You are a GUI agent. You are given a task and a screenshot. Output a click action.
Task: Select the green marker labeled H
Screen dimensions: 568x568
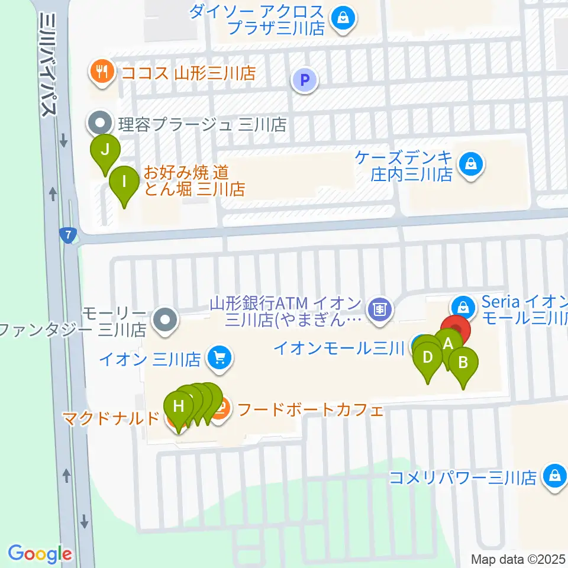pos(178,406)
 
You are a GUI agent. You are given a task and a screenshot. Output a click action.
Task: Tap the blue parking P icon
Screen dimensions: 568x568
pos(305,80)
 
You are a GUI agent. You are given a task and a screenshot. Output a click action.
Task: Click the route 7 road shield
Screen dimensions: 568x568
pos(69,235)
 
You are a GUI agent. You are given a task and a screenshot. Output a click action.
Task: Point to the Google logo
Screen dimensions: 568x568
pos(40,554)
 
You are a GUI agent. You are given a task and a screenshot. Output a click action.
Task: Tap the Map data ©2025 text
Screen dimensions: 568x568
pos(518,559)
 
